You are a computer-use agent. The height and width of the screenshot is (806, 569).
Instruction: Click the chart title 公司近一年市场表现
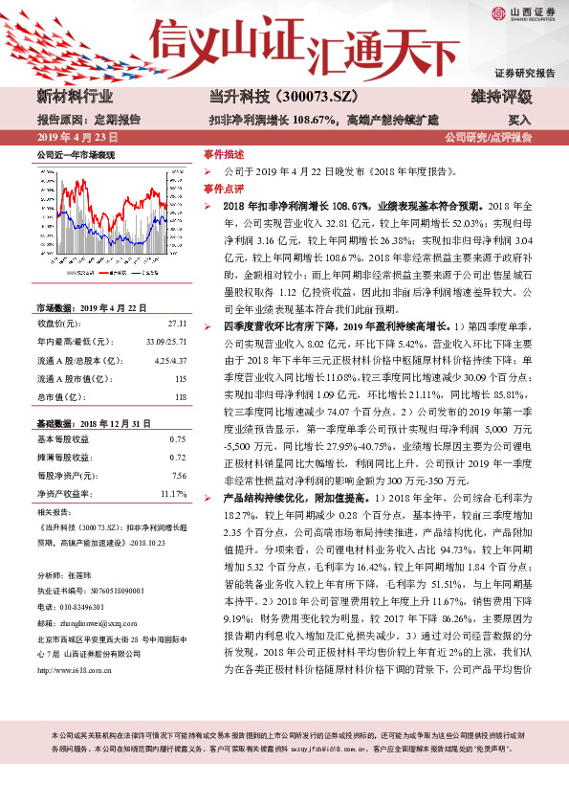[75, 154]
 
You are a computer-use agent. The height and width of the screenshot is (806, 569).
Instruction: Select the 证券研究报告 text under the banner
[524, 74]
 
